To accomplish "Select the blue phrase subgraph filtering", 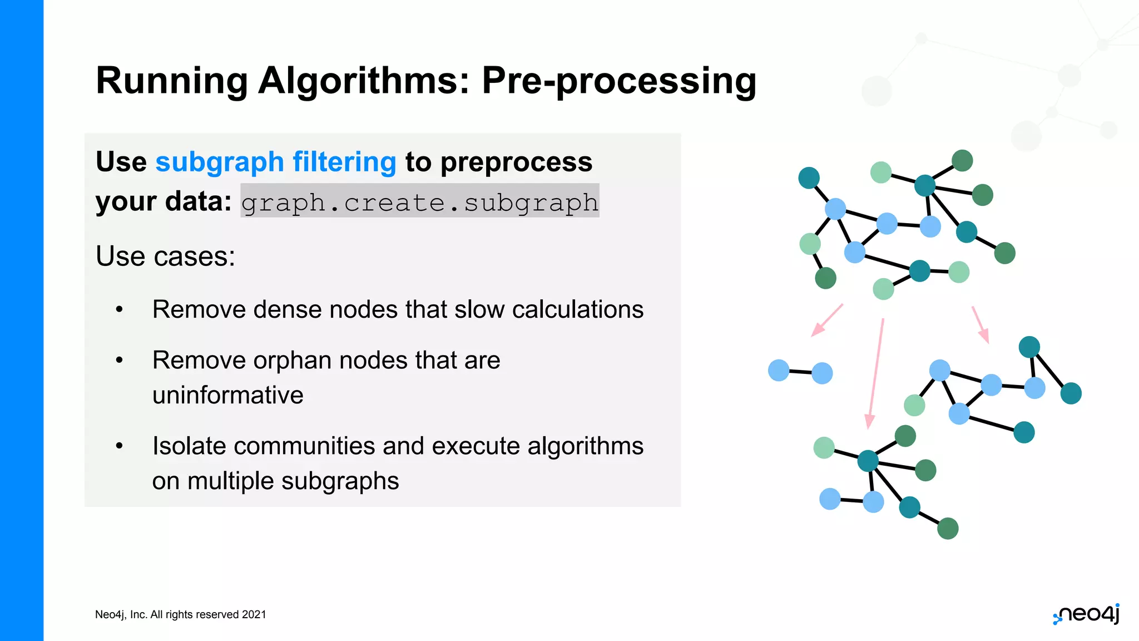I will click(275, 162).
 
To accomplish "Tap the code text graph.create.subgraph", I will click(420, 202).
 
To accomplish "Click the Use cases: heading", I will click(165, 257).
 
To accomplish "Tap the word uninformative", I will click(227, 395).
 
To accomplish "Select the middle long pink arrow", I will click(876, 373).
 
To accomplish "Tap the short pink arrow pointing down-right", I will click(980, 324).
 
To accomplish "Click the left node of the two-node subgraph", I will click(779, 370).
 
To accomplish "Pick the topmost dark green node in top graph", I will click(962, 161).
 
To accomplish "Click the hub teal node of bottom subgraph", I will click(868, 461).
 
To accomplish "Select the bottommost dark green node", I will click(948, 529).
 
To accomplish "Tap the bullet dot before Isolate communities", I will click(119, 446).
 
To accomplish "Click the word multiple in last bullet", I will click(230, 481).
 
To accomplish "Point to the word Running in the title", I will click(171, 81).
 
